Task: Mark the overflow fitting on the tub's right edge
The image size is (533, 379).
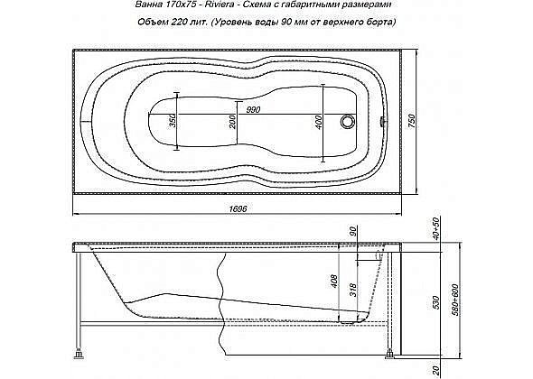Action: click(x=383, y=120)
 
